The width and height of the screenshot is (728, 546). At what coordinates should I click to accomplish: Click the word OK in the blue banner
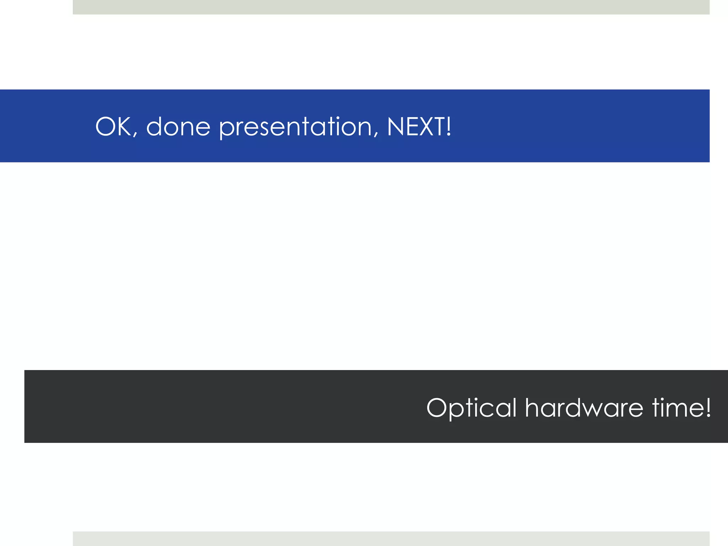point(113,127)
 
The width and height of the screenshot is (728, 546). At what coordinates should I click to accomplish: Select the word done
point(178,127)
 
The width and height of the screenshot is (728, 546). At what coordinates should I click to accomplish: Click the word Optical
point(471,408)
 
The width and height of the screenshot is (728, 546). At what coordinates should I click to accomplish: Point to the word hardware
point(584,408)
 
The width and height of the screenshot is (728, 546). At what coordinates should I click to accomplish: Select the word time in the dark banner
point(677,408)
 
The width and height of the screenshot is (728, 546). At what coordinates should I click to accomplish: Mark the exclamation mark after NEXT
point(449,127)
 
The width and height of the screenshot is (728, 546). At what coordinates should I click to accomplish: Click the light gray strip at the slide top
point(391,7)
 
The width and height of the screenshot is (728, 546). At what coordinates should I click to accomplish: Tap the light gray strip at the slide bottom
point(391,539)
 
